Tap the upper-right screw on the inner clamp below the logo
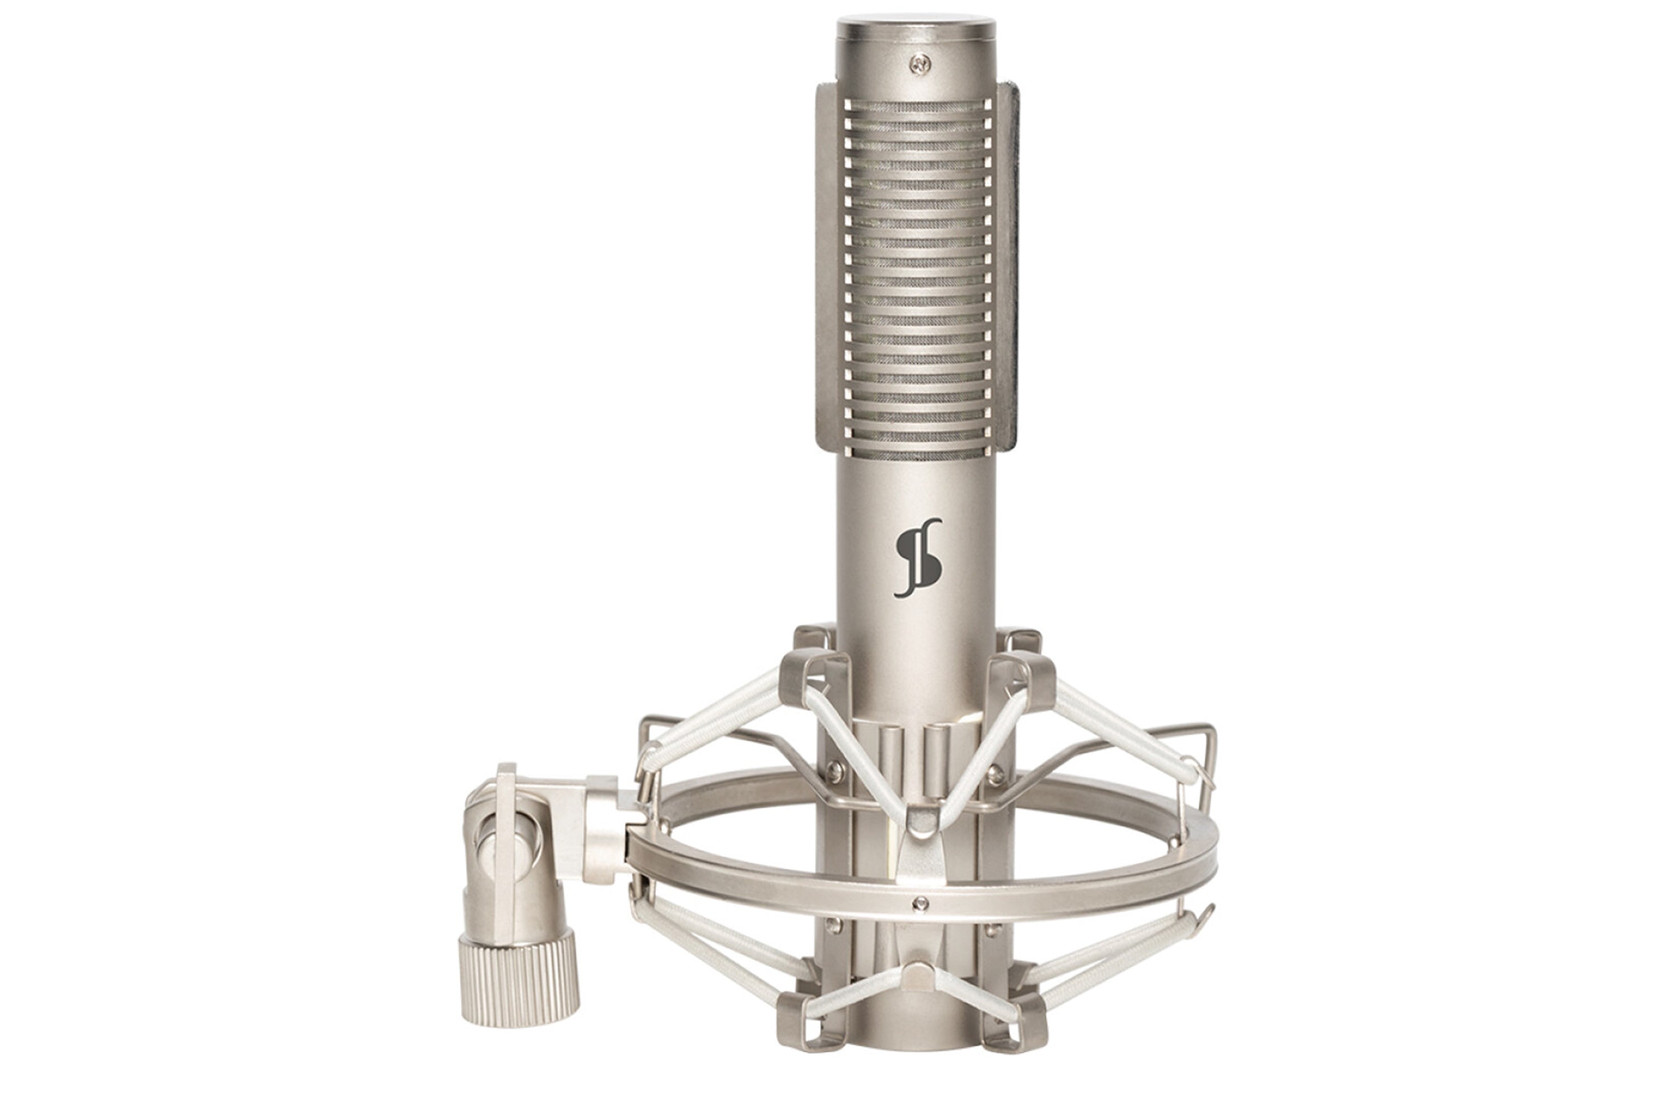tap(997, 769)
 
